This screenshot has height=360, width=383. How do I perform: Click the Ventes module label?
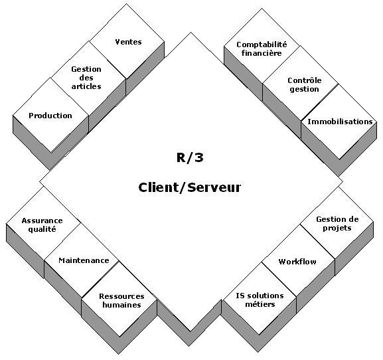[x=129, y=42]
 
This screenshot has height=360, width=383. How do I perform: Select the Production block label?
[x=50, y=116]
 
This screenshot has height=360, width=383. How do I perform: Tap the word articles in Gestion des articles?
[x=86, y=86]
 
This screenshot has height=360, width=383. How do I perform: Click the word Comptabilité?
[x=262, y=45]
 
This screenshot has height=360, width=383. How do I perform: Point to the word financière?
[x=262, y=53]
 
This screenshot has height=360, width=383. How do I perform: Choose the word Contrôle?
[x=305, y=80]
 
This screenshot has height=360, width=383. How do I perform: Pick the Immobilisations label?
[x=340, y=122]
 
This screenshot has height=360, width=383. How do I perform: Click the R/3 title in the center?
[x=190, y=157]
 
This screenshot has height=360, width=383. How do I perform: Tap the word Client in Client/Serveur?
[x=158, y=187]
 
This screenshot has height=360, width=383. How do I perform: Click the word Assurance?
[x=42, y=221]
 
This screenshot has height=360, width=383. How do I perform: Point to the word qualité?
[x=42, y=230]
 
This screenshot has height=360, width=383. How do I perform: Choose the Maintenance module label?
[x=84, y=260]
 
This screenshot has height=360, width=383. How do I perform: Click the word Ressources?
[x=121, y=296]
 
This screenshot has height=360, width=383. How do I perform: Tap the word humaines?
[x=121, y=305]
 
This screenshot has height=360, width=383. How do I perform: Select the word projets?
[x=337, y=228]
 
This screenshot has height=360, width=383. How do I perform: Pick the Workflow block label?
[x=297, y=262]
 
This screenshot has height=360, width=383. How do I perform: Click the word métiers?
[x=260, y=304]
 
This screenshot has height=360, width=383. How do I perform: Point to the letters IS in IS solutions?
[x=240, y=296]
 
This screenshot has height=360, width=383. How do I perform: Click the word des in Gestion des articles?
[x=86, y=78]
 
